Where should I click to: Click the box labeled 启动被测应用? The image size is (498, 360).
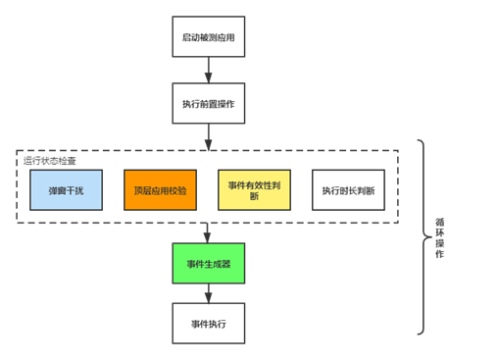coord(209,36)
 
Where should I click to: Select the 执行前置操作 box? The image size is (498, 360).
coord(209,103)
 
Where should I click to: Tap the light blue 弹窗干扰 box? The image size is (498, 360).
coord(66,190)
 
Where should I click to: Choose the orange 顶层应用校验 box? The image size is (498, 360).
coord(160,190)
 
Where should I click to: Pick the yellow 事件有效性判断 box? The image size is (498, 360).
coord(254,190)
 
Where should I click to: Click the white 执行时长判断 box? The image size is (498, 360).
coord(348,190)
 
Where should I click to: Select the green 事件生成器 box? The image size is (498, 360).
coord(209,263)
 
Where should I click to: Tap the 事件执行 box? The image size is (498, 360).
coord(209,324)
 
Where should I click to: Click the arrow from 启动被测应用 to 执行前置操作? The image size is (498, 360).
coord(209,70)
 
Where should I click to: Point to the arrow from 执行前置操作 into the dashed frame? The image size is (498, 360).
coord(209,137)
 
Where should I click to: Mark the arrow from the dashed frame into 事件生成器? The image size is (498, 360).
coord(207,233)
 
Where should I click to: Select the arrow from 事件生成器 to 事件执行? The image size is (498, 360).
coord(209,293)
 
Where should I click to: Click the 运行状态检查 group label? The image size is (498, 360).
coord(50,161)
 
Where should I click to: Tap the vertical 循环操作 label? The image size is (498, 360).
coord(439,237)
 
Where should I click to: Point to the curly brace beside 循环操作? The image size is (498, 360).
coord(423,236)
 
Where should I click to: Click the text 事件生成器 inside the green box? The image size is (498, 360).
coord(209,264)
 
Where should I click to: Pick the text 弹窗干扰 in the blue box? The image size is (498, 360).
coord(66,190)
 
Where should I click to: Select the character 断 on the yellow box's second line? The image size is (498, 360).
coord(254,196)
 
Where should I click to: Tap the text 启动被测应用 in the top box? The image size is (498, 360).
coord(209,37)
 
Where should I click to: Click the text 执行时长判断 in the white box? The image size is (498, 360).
coord(348,190)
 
